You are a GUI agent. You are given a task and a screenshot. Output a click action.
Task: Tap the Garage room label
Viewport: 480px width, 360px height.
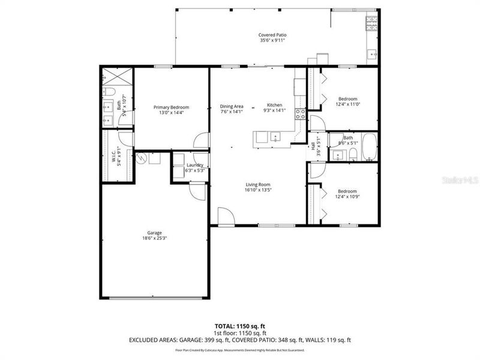155,233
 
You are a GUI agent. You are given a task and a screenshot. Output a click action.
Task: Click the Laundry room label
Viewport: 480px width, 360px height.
195,165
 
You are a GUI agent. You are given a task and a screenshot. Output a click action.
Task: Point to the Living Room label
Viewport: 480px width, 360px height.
258,185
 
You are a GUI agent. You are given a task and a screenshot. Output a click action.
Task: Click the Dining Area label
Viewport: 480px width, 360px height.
231,106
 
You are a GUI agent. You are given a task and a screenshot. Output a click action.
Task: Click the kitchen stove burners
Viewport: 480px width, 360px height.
300,114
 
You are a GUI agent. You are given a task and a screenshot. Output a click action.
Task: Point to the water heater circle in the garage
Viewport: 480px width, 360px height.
142,158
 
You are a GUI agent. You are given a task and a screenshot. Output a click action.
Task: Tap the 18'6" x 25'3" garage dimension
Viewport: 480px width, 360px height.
155,238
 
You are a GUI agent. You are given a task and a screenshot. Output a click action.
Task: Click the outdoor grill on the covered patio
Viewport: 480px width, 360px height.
372,23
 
